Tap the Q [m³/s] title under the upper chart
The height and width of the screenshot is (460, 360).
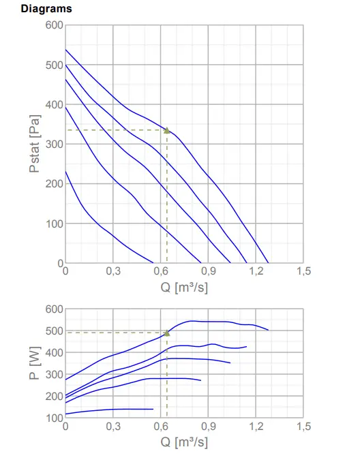184,287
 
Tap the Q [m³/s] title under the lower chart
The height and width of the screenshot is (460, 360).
184,442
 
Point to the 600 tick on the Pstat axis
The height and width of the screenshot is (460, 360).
55,25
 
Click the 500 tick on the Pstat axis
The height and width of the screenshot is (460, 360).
55,65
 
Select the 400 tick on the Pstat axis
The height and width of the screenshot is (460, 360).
55,105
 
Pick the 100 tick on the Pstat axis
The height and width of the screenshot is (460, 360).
55,224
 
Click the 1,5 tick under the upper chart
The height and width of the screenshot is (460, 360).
303,271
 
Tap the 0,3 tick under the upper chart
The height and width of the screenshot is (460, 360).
113,271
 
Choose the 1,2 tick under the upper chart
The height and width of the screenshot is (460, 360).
256,271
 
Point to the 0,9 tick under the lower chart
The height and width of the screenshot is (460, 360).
208,426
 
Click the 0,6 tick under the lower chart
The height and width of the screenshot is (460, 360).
161,426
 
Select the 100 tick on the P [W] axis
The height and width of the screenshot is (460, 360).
55,417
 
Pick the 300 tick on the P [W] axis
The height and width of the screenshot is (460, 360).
55,374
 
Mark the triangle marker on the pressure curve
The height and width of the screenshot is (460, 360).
166,129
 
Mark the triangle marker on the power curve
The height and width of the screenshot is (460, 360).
166,333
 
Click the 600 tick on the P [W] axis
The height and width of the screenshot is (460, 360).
55,309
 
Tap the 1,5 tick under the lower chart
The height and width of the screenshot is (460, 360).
303,426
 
